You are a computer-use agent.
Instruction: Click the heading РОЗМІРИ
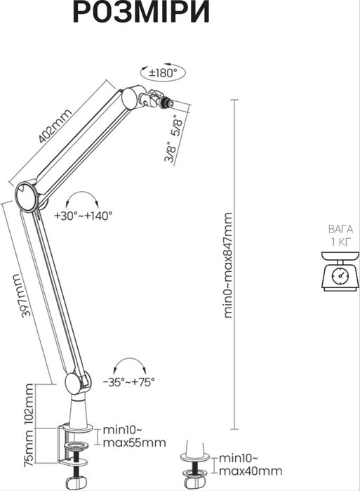point(141,12)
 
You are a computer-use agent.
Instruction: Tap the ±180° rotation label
point(163,73)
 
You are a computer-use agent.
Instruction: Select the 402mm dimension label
point(55,126)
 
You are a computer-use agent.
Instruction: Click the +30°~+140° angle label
point(83,216)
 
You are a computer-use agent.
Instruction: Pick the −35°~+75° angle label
point(129,382)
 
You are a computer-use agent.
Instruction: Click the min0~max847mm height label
point(229,266)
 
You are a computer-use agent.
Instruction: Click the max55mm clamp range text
point(135,443)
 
